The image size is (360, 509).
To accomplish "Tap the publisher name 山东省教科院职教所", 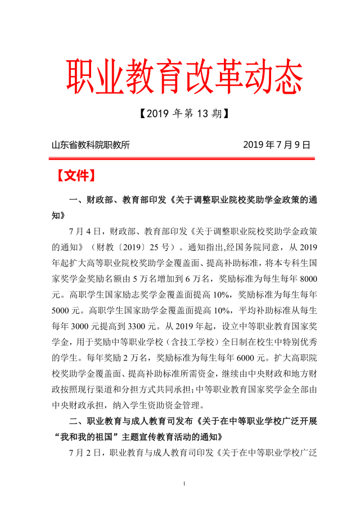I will coord(91,145).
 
